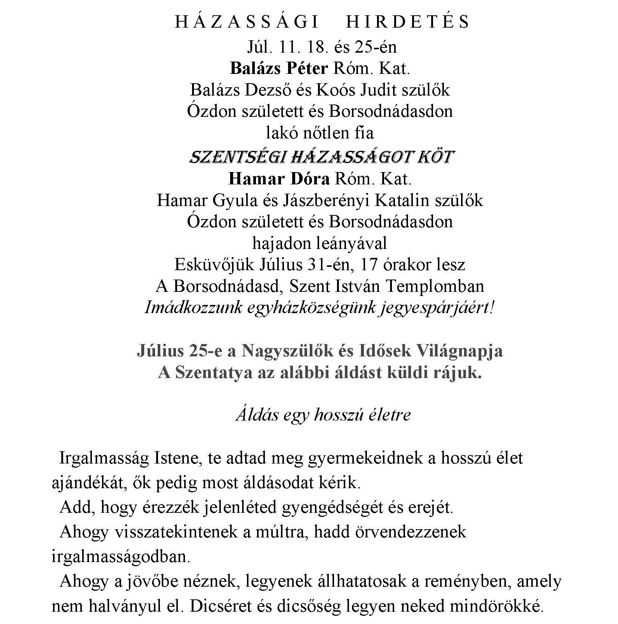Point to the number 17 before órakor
coord(368,265)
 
